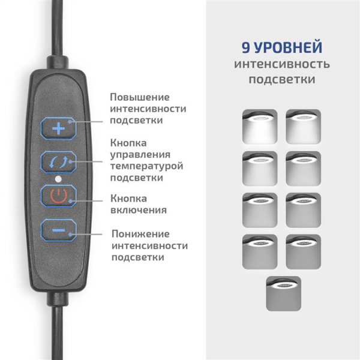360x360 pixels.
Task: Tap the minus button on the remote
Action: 58,230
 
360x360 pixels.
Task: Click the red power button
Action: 58,196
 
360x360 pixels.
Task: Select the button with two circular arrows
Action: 58,162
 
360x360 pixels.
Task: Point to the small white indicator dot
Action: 58,179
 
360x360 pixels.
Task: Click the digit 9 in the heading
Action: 246,47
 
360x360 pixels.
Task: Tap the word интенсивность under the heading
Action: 282,64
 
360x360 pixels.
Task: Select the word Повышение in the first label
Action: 140,97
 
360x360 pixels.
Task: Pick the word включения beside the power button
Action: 139,210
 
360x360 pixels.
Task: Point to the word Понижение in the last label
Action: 140,233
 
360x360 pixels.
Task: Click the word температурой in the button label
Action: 147,166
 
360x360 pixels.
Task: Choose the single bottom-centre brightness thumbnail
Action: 284,293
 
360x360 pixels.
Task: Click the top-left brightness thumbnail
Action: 260,127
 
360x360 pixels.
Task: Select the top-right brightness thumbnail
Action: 304,127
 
